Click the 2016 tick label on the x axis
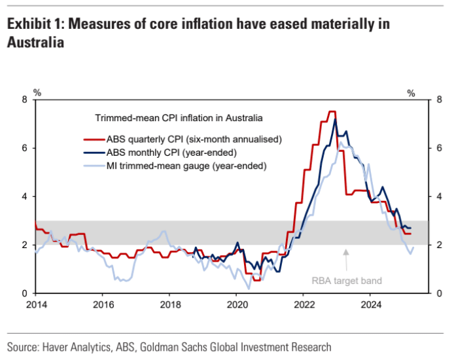tap(103, 304)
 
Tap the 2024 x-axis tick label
tap(371, 304)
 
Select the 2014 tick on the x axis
tap(35, 304)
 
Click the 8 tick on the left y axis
tap(24, 99)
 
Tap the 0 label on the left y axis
tap(24, 293)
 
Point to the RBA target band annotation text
tap(346, 281)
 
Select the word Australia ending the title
tap(35, 43)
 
